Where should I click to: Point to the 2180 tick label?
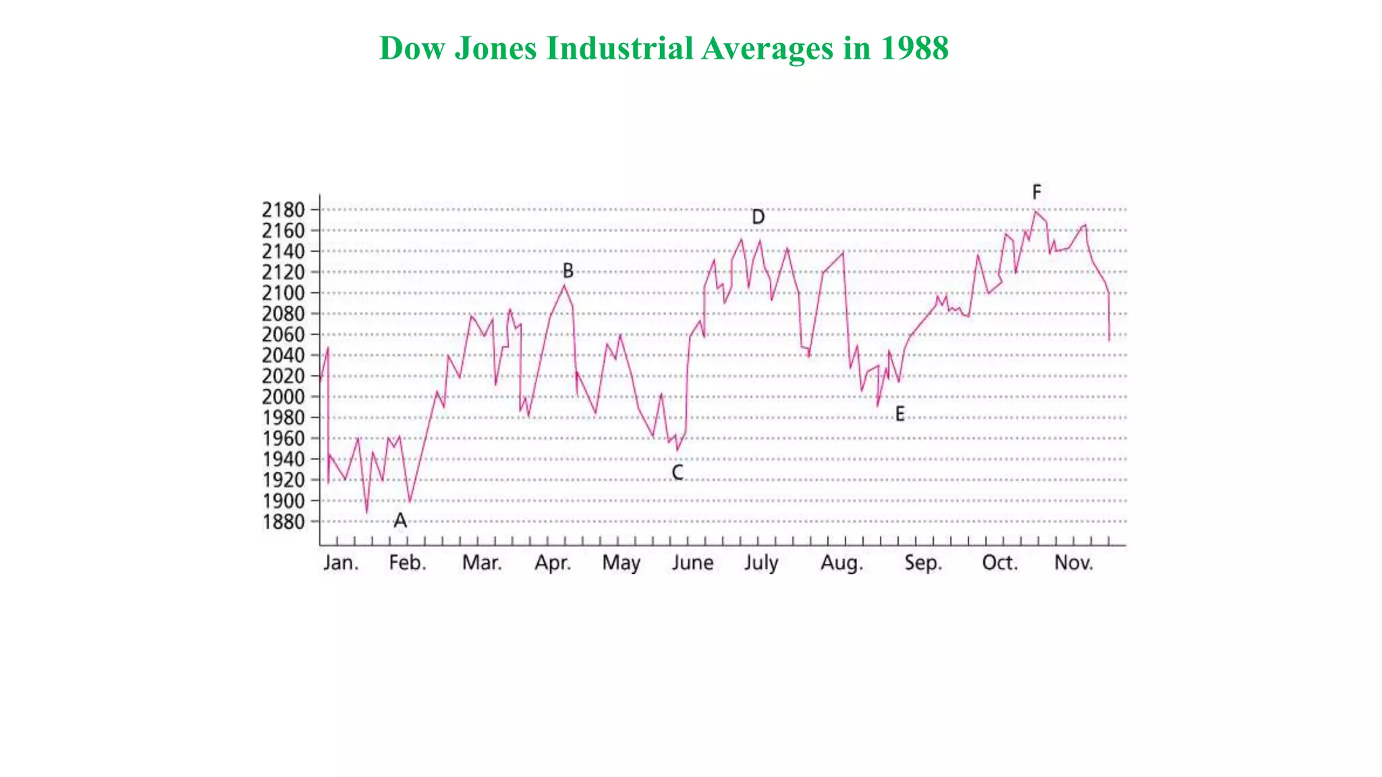click(x=283, y=210)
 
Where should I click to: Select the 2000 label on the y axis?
click(x=283, y=397)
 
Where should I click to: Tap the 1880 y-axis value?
click(x=283, y=521)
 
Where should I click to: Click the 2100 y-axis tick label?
click(x=283, y=293)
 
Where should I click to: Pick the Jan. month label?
click(x=340, y=563)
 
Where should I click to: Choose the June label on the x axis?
click(x=692, y=563)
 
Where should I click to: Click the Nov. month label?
click(x=1073, y=563)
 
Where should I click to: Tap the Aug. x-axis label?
click(x=841, y=563)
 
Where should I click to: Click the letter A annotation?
click(x=400, y=521)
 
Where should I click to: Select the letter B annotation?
click(x=568, y=271)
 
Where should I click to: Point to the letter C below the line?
click(x=678, y=473)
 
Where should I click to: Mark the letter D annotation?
click(x=758, y=217)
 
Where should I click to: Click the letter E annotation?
click(x=900, y=414)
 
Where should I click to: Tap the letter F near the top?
click(x=1036, y=192)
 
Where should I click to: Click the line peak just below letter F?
click(x=1035, y=212)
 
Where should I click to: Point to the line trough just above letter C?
click(x=678, y=450)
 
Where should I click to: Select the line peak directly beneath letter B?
click(x=564, y=285)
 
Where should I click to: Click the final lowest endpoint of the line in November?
click(x=1109, y=341)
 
